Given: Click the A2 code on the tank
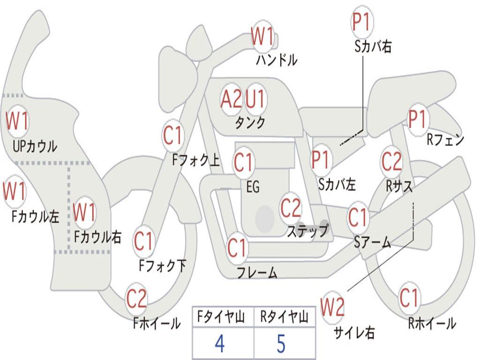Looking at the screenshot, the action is tap(232, 99).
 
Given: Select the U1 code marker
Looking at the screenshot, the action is tap(255, 99).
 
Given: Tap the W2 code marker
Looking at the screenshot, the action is tap(333, 307).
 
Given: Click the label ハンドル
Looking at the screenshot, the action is tap(277, 60).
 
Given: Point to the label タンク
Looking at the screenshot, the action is tap(250, 123).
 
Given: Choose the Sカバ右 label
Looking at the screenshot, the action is tap(373, 47).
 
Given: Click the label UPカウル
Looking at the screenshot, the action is tap(35, 146).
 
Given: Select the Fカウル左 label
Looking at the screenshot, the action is tap(36, 217).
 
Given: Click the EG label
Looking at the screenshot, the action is tap(253, 187).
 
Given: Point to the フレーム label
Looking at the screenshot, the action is tap(257, 273).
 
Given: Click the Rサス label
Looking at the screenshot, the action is tap(399, 186).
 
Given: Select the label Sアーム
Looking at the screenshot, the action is tap(373, 242).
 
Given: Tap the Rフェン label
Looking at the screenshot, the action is tap(445, 140).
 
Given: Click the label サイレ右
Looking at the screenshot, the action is tap(354, 333).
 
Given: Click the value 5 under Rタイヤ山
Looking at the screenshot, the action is tap(281, 344).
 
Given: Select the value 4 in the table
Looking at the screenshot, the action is tap(219, 344).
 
